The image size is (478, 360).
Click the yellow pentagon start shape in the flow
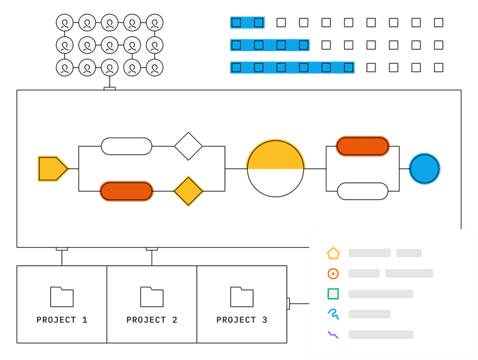tap(52, 169)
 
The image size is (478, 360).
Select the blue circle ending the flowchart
tap(424, 169)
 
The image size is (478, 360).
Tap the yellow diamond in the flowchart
tap(189, 191)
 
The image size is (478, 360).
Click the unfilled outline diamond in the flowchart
tap(189, 147)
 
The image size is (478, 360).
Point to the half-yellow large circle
tap(275, 168)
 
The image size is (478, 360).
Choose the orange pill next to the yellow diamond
tap(127, 191)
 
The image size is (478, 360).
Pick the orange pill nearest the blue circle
tap(362, 146)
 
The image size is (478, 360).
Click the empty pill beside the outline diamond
tap(127, 147)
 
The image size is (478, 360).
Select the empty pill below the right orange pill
tap(362, 191)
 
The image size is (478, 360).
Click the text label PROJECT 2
tap(152, 320)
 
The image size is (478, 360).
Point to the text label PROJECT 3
tap(242, 320)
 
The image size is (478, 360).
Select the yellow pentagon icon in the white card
tap(333, 253)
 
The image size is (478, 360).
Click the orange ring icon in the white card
tap(333, 273)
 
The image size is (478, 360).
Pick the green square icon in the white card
tap(333, 294)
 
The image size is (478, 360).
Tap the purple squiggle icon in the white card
tap(333, 335)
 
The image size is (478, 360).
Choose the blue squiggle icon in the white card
tap(333, 314)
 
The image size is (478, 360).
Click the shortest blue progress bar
tap(247, 23)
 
